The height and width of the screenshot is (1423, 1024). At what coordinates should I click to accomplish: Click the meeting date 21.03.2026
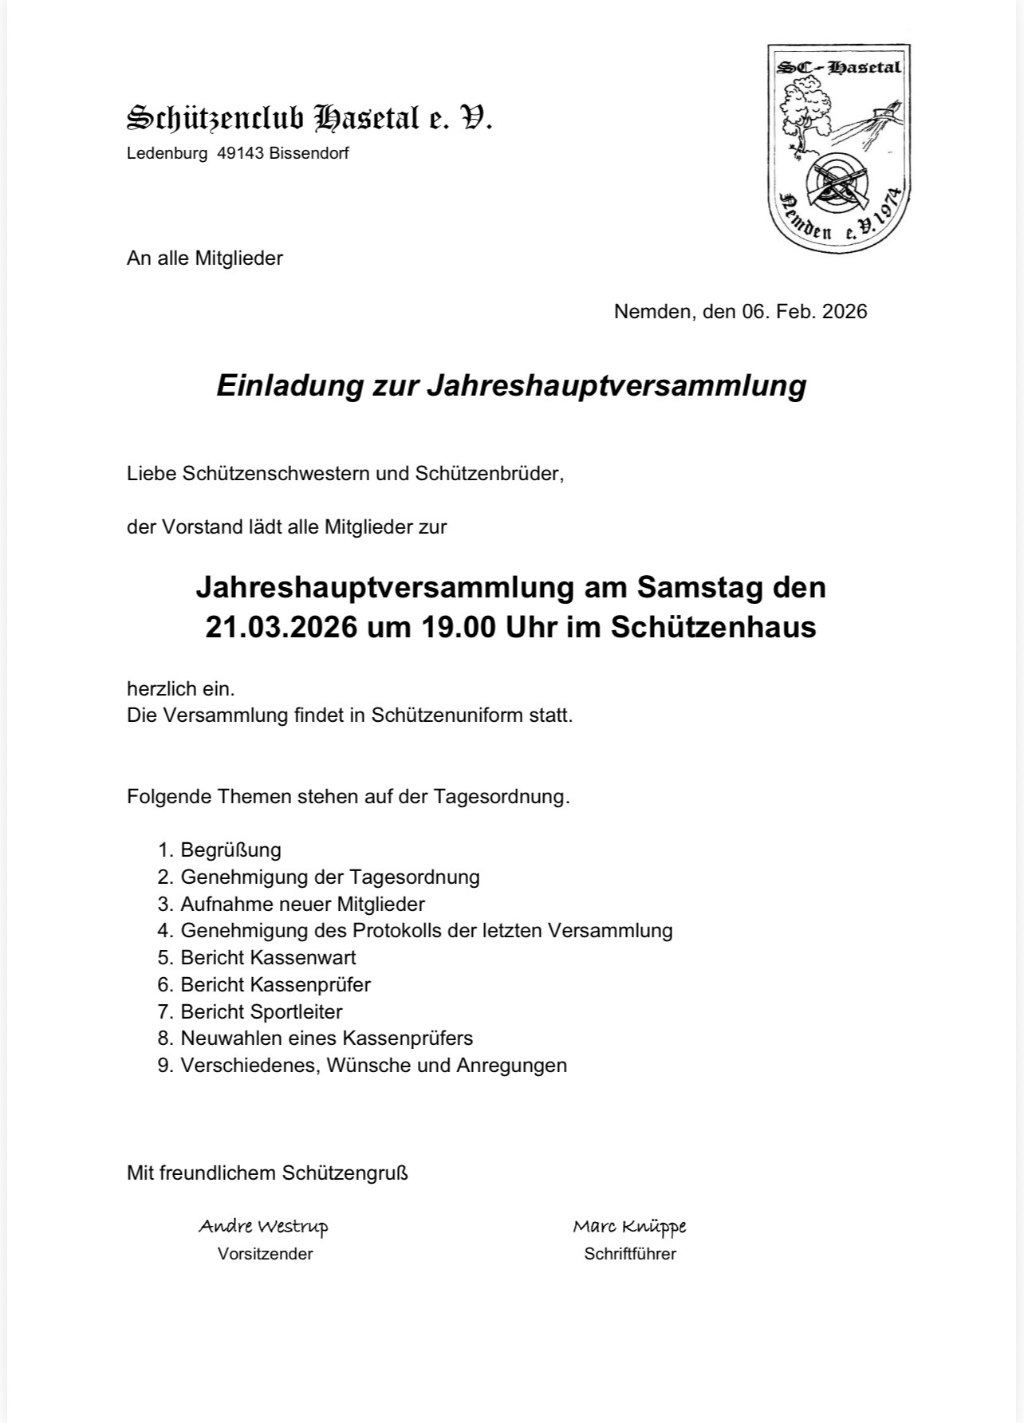coord(281,627)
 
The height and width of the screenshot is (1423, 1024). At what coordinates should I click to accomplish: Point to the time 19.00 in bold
coord(454,627)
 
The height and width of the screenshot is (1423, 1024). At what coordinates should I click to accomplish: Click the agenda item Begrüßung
coord(230,850)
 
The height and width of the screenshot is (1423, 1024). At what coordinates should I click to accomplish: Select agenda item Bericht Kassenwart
coord(268,957)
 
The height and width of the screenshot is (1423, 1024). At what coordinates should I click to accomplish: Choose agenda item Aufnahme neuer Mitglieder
coord(302,904)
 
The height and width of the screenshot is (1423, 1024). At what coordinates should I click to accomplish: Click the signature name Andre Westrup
coord(263,1226)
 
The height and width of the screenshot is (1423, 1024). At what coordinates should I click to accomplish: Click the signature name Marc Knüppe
coord(629,1226)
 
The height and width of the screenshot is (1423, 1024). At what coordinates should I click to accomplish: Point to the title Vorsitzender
coord(265,1254)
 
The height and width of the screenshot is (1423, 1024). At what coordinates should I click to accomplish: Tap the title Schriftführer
coord(629,1254)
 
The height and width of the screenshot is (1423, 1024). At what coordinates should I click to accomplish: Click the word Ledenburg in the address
coord(166,154)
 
